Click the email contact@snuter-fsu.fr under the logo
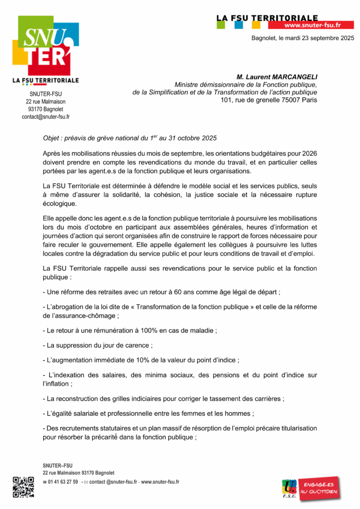(x=46, y=117)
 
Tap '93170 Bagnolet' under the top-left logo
(x=46, y=109)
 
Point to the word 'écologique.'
(x=60, y=204)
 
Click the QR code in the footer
(x=23, y=487)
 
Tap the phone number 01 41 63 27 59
(x=63, y=482)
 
